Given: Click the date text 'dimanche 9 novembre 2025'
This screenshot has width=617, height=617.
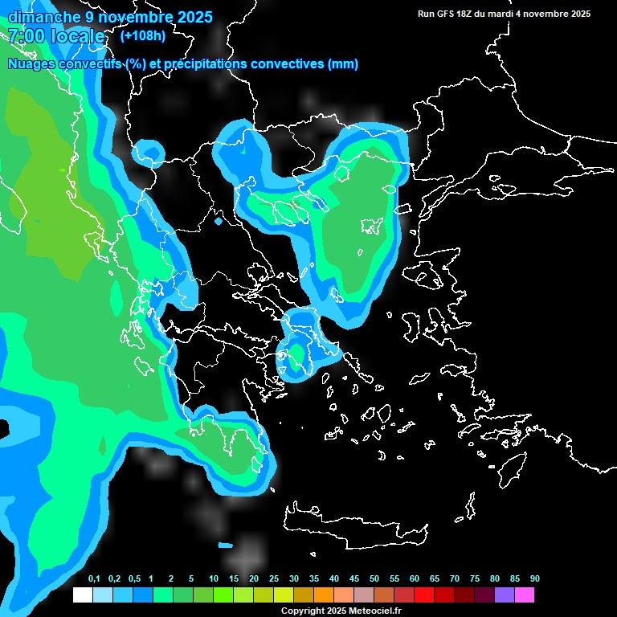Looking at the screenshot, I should click(x=110, y=17).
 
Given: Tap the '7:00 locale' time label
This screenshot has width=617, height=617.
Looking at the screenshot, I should click(x=56, y=36).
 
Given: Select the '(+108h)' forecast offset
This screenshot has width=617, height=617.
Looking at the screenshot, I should click(x=143, y=35).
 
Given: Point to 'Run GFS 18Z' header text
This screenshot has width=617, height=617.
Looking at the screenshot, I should click(x=446, y=14).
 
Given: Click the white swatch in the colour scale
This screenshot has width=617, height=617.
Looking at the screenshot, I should click(x=83, y=595).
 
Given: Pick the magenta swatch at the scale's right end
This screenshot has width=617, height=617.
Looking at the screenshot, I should click(x=525, y=595).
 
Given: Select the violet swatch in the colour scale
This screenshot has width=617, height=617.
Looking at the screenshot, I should click(x=505, y=595).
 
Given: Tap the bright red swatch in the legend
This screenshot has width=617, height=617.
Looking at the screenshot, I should click(x=424, y=595).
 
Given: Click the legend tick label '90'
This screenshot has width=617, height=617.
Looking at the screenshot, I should click(x=534, y=579).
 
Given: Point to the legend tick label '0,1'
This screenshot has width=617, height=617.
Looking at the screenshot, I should click(x=94, y=579).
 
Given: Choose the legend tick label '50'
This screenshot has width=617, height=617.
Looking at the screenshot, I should click(x=374, y=579).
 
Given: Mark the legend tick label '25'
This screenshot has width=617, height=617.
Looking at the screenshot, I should click(x=274, y=579).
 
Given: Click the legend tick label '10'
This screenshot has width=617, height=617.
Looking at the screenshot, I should click(x=214, y=579).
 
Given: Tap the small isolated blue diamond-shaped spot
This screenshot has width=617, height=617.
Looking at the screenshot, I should click(x=219, y=220).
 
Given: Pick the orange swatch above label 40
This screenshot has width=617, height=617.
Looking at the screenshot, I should click(x=324, y=595).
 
